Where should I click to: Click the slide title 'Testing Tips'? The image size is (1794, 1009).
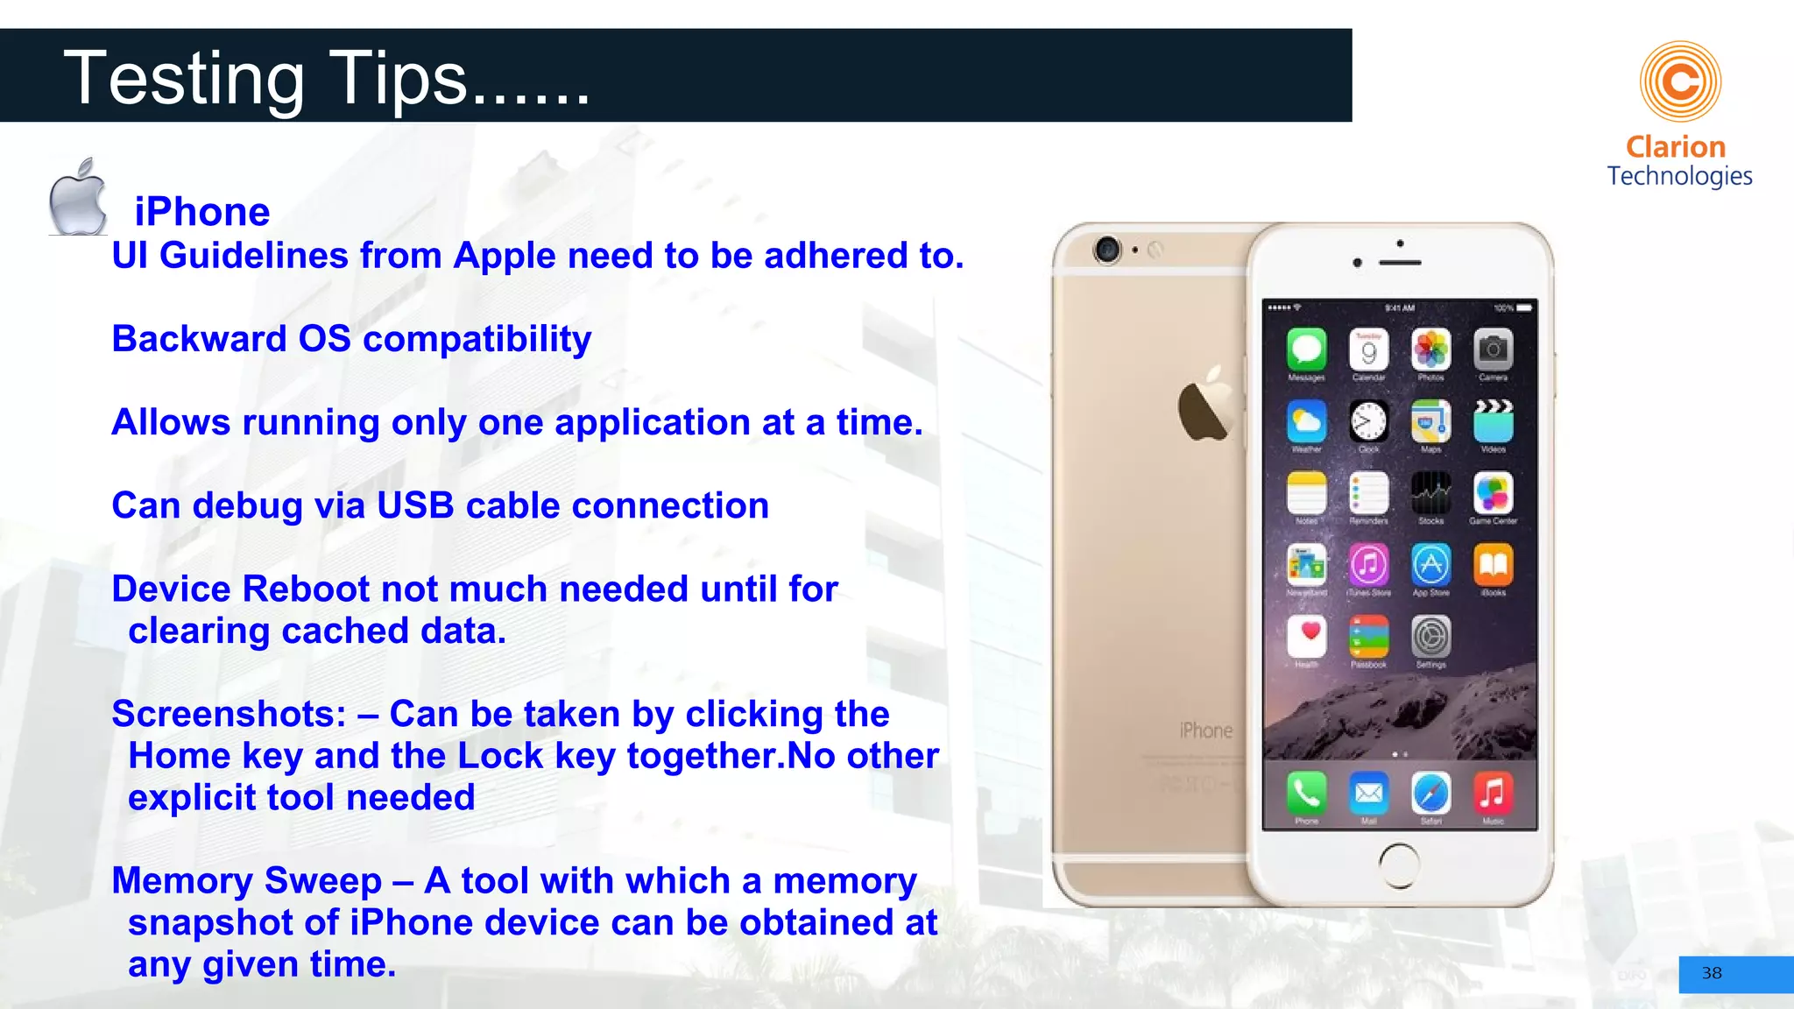[326, 79]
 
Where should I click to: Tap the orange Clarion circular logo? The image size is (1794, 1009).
[1680, 81]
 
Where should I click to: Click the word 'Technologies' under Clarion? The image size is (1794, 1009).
[1679, 176]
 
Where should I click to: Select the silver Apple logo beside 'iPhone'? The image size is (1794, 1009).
[78, 198]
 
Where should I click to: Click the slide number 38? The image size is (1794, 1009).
[1712, 973]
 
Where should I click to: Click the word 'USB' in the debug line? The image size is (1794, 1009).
[416, 506]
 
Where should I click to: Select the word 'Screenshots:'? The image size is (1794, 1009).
[229, 715]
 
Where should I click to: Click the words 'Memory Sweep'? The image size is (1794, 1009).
[246, 881]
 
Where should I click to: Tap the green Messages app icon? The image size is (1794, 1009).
[1306, 349]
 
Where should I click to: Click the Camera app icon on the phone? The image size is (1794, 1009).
[1493, 349]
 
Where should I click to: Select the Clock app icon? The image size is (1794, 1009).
[1368, 421]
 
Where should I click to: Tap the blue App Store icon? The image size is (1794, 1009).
[1430, 565]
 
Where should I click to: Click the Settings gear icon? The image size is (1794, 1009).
[1430, 637]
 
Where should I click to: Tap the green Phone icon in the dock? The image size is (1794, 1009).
[1306, 794]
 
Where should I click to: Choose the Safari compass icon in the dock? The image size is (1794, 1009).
[1430, 794]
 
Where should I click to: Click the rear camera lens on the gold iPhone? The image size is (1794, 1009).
[1107, 250]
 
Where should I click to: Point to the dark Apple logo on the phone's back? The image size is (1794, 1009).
[1205, 406]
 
